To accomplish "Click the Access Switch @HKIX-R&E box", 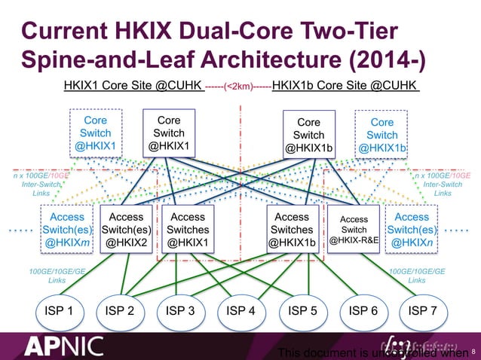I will pos(354,230).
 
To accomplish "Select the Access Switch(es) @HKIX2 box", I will pos(127,230).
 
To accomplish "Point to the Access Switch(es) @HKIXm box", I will pos(66,230).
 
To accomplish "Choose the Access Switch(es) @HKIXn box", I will pos(411,230).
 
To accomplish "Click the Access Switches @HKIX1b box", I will pos(293,230).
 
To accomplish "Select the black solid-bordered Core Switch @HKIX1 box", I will pos(169,133).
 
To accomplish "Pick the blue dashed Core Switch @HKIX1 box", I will pos(95,133).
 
